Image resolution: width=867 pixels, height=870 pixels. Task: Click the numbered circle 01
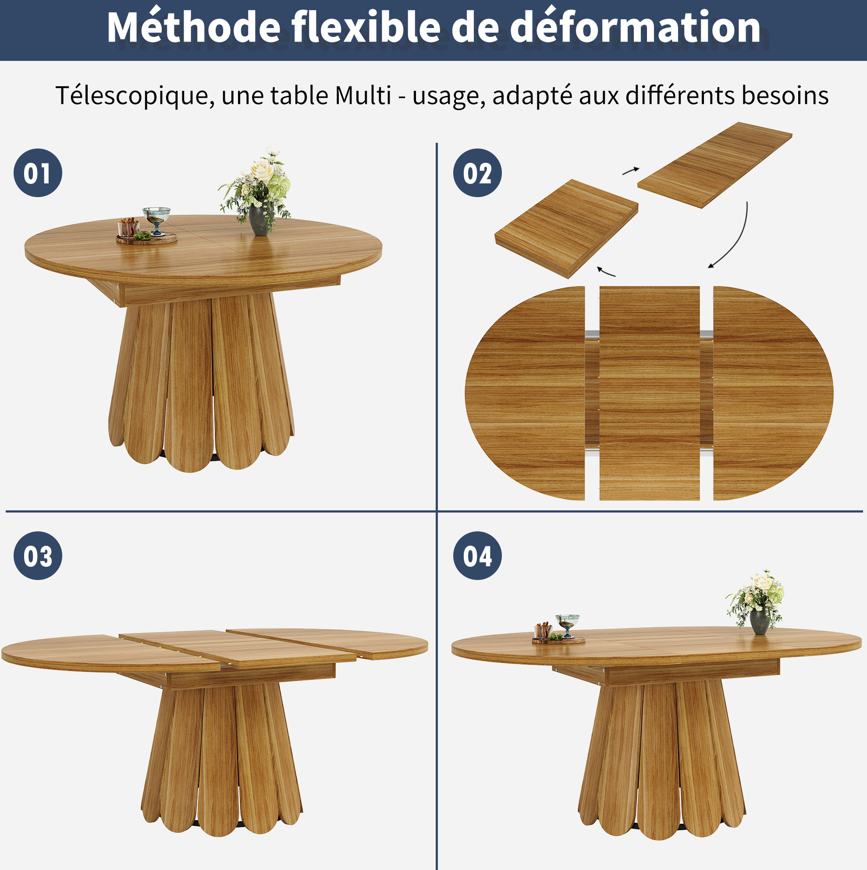tap(38, 173)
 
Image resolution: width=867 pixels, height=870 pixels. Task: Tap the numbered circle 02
tap(477, 173)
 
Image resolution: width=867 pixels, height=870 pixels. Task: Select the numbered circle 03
tap(38, 555)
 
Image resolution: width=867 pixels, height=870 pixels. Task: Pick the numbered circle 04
tap(477, 555)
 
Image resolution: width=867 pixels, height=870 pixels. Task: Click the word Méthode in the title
tap(194, 27)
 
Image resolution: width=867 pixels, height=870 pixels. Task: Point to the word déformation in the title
tap(636, 27)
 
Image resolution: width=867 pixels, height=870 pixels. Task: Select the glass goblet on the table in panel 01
tap(156, 220)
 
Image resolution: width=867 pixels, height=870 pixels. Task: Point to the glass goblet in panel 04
tap(567, 626)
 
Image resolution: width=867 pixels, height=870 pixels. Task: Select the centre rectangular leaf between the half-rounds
tap(649, 393)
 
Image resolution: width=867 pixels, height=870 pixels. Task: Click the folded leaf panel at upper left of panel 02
tap(566, 228)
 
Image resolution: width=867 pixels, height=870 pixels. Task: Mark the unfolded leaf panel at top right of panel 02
tap(715, 165)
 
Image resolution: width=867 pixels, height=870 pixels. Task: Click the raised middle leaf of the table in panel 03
tap(238, 648)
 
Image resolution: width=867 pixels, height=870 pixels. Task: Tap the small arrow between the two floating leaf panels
tap(631, 171)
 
